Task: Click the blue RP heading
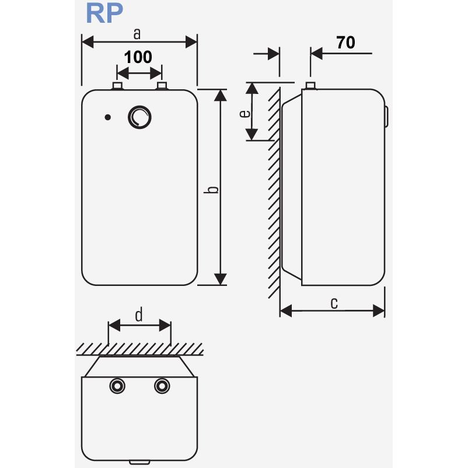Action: [104, 13]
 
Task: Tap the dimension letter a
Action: [137, 34]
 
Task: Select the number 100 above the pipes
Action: [139, 57]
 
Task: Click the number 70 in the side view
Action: [345, 42]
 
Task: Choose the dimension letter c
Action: [334, 302]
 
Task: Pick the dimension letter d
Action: [139, 316]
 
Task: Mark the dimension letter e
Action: [246, 113]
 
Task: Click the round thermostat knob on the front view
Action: [139, 117]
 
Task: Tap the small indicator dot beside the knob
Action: [107, 117]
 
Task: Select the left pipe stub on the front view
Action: [117, 86]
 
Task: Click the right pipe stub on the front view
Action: [162, 86]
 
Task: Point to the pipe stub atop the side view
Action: [310, 86]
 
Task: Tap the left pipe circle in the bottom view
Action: [117, 386]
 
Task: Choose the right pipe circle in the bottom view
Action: [162, 386]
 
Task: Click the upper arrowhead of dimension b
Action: [221, 95]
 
